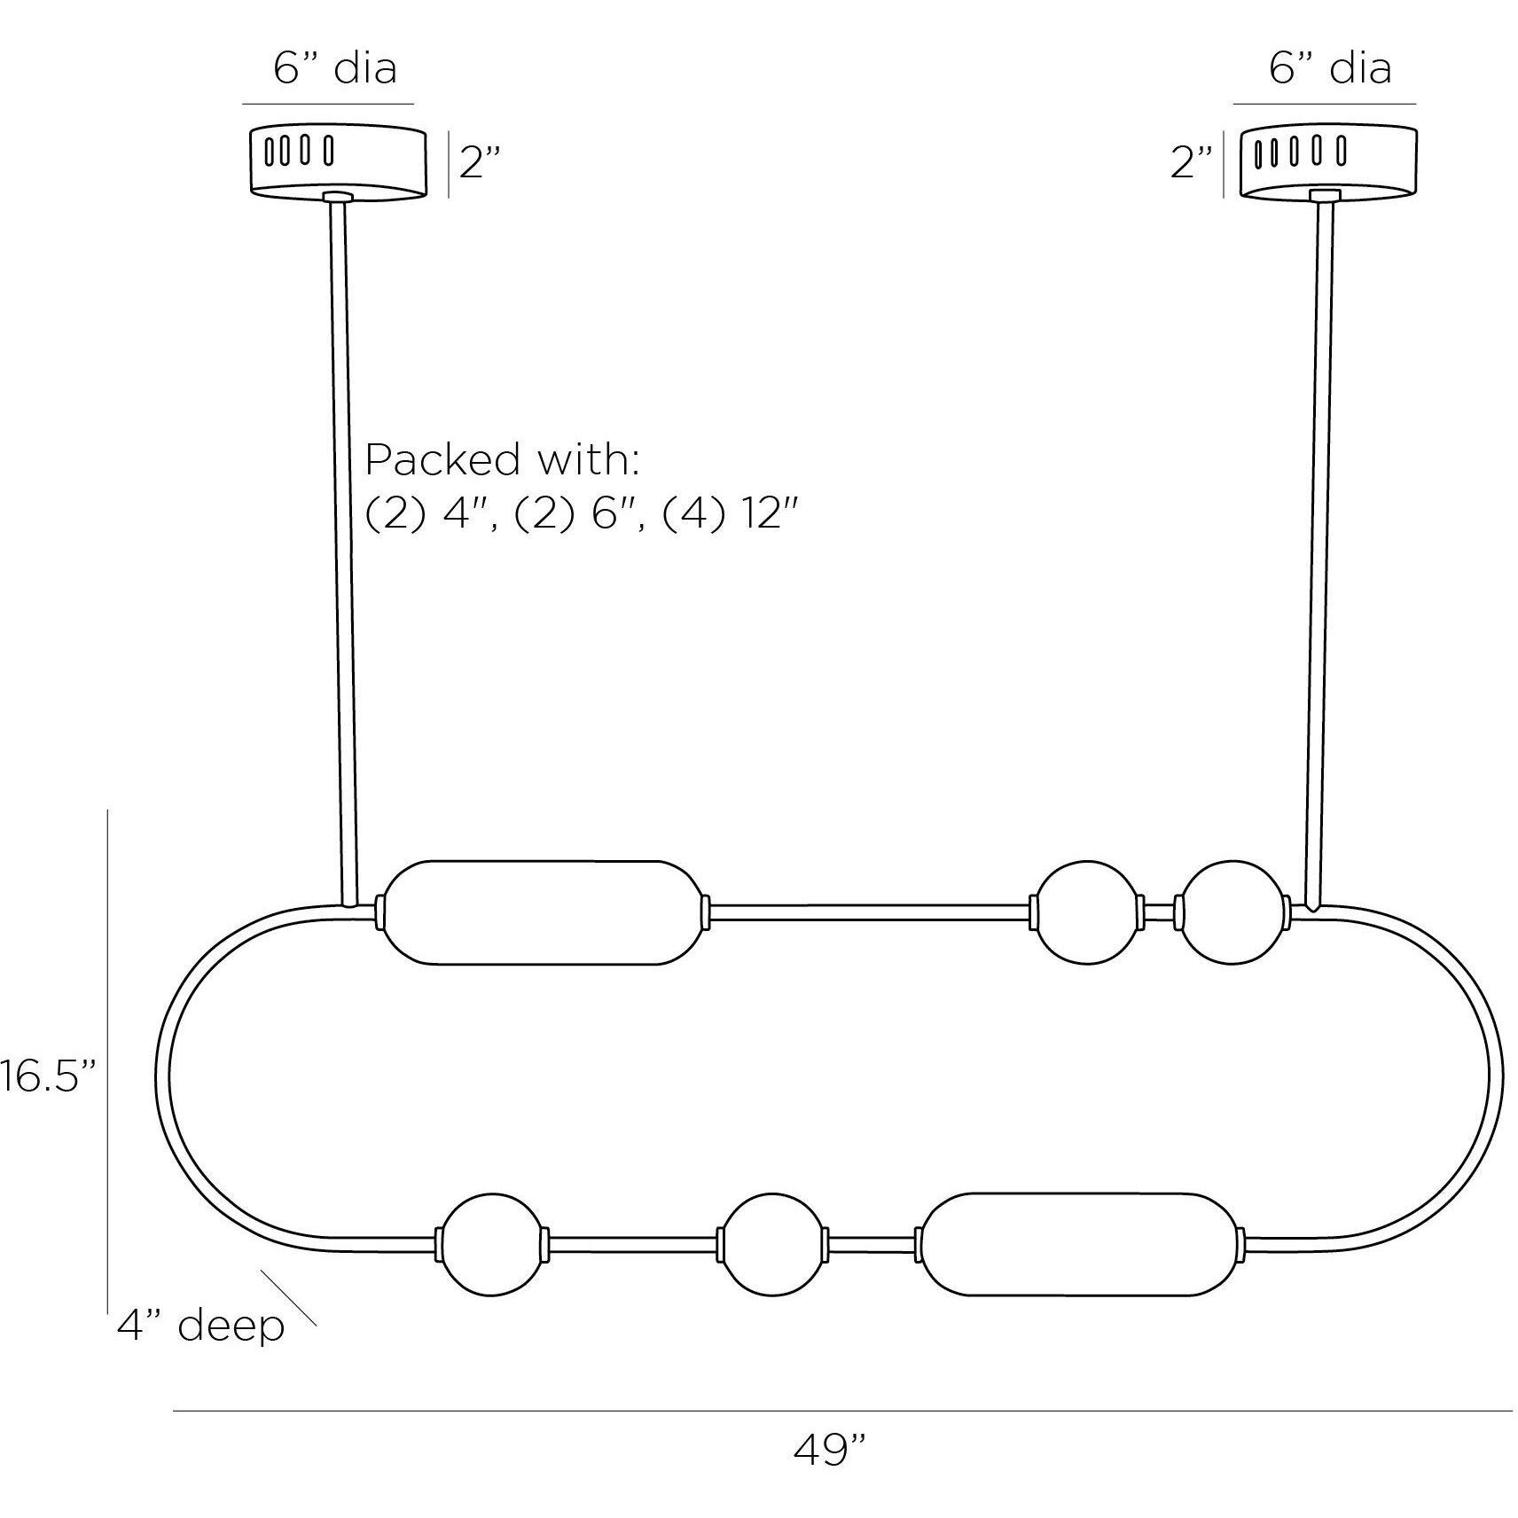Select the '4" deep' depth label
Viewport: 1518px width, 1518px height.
click(x=200, y=1326)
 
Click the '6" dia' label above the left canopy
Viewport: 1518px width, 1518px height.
click(x=334, y=68)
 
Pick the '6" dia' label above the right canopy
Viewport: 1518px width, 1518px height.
click(x=1330, y=68)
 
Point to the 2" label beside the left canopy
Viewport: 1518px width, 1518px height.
click(x=480, y=163)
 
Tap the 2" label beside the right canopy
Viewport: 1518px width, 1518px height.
click(x=1191, y=163)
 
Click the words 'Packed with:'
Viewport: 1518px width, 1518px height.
click(x=502, y=460)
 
